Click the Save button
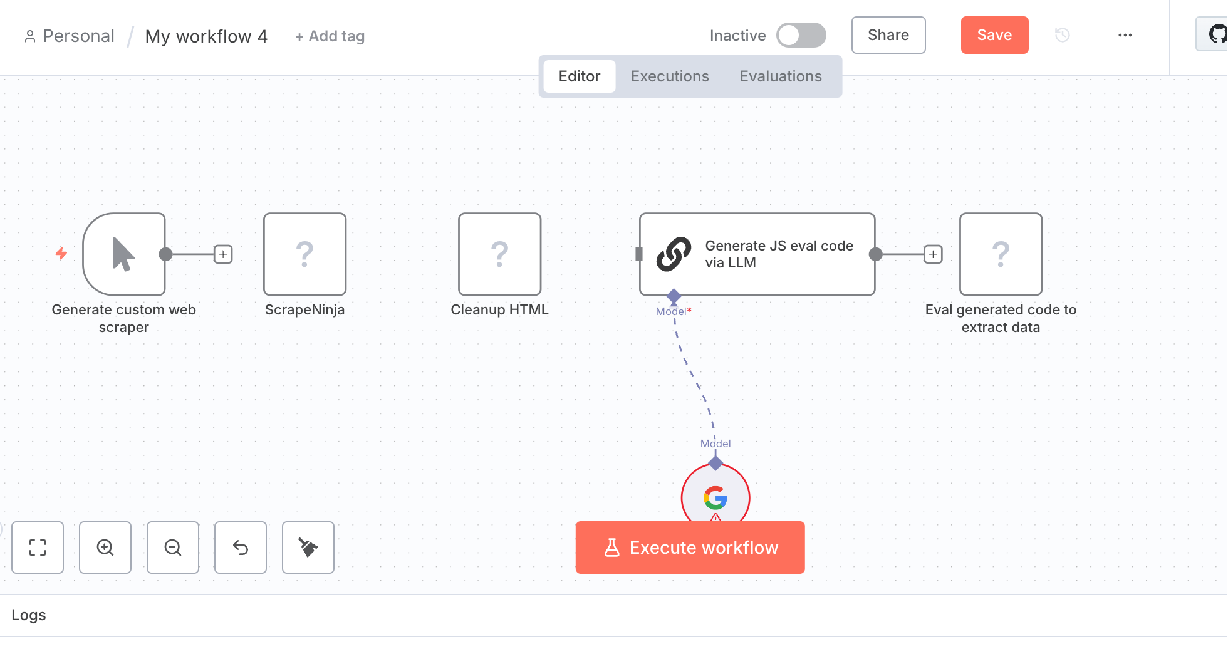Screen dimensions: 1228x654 click(994, 35)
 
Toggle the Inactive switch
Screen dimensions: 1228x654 click(801, 35)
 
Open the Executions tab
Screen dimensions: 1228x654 click(670, 76)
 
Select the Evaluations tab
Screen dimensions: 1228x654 click(781, 76)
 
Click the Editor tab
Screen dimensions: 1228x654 click(580, 76)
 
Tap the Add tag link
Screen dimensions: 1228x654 click(330, 36)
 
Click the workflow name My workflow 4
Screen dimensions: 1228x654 click(206, 36)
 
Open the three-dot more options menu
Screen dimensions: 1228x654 click(1125, 35)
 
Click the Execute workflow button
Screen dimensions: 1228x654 click(690, 548)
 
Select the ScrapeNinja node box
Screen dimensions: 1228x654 click(305, 254)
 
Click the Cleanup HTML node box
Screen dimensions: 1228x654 click(500, 254)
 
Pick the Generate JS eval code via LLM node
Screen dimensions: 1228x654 click(757, 254)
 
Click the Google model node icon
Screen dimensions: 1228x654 click(715, 498)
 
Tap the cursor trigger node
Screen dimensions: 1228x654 click(124, 254)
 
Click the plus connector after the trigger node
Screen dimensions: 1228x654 click(223, 254)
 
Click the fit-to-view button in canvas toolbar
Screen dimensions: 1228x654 click(38, 548)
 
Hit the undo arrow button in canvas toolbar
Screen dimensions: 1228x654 click(241, 548)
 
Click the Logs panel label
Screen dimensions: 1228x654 click(29, 615)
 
